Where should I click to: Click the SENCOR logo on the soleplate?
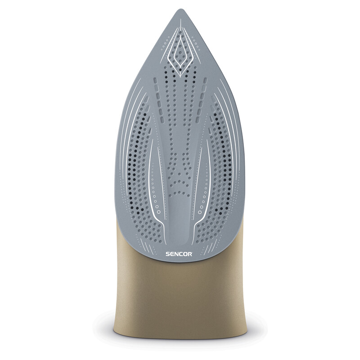coord(179,254)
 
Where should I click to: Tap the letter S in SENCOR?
coord(168,254)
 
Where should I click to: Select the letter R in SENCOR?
coord(190,254)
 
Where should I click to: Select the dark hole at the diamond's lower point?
coord(180,69)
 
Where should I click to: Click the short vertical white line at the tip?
coord(180,24)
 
